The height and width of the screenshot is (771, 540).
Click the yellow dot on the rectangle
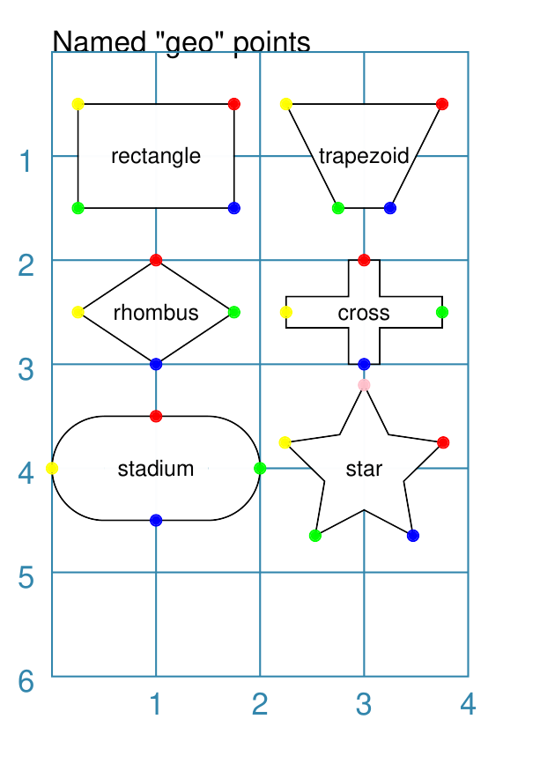point(78,104)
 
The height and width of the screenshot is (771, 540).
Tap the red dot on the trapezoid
point(442,104)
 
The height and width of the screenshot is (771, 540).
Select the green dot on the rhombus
point(234,312)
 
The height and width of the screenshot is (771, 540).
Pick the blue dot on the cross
point(364,365)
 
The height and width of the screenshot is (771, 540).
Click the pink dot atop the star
point(364,384)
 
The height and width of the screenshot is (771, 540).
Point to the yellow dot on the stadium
point(52,469)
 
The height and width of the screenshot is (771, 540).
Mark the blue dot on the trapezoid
point(390,208)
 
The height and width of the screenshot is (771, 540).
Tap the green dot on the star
point(315,536)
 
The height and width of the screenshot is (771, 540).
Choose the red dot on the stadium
point(156,417)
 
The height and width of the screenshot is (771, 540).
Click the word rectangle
point(156,156)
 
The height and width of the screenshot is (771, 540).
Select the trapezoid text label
point(364,156)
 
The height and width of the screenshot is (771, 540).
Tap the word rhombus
point(156,313)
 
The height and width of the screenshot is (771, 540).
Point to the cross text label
point(364,313)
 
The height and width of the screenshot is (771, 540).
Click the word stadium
point(156,469)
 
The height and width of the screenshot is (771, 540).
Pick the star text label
point(364,469)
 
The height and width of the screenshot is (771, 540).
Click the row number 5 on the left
point(26,577)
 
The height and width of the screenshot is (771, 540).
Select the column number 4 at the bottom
point(468,704)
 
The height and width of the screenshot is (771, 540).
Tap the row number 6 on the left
point(26,681)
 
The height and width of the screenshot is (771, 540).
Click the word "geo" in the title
point(189,43)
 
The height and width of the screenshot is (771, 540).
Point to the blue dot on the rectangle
point(234,208)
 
